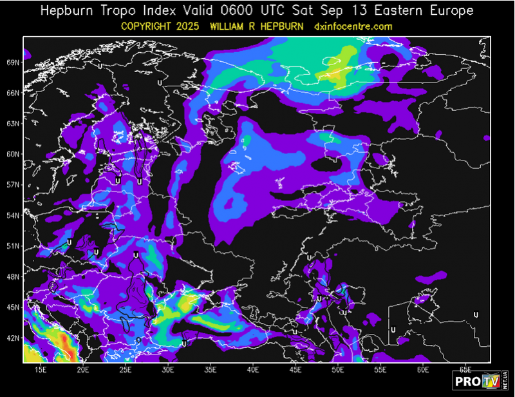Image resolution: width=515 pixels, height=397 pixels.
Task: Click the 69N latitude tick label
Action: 13,63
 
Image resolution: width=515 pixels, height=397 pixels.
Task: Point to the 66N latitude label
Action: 13,93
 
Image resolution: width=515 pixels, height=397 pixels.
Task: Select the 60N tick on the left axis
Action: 13,154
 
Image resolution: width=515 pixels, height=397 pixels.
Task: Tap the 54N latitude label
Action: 13,215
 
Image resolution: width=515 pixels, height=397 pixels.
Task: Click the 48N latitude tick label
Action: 13,276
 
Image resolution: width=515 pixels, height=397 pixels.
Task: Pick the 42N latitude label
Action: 13,338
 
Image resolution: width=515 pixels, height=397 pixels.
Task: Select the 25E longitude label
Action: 125,370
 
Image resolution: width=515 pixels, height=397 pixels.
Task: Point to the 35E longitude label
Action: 211,370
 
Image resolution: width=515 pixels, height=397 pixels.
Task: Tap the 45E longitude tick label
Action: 295,370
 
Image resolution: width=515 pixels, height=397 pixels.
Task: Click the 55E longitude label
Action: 380,370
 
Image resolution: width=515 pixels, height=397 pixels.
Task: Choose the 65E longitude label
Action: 465,370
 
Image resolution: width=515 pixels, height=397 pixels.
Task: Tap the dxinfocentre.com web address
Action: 353,26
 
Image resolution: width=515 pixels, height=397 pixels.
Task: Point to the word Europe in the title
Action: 449,11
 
